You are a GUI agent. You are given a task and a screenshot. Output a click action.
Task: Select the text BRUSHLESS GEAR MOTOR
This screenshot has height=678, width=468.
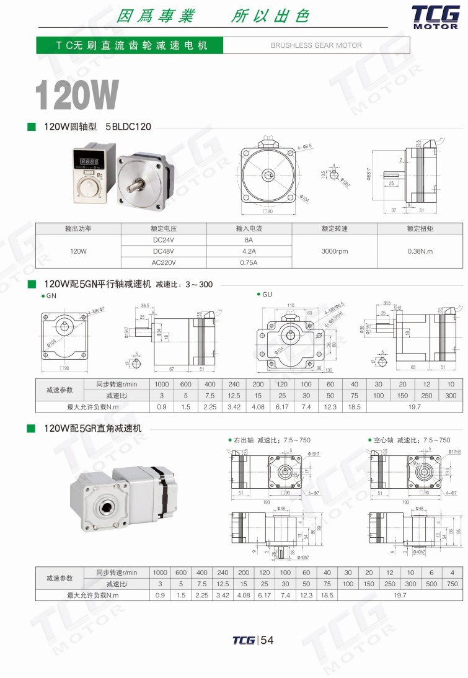pos(316,45)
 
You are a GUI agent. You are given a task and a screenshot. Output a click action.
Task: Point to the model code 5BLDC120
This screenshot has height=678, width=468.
pos(128,127)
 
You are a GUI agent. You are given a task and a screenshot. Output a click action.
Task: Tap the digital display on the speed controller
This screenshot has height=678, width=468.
pos(90,160)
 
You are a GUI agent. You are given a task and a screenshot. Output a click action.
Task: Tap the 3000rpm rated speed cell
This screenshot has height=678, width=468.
pos(333,251)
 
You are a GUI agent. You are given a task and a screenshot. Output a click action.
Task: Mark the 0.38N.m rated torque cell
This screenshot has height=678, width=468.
pos(420,251)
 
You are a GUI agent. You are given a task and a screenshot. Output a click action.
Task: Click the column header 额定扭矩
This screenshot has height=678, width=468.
pos(420,228)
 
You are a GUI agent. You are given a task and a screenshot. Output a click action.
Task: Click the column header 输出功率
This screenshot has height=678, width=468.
pos(78,228)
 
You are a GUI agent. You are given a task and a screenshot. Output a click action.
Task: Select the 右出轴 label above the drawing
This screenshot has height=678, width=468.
pos(243,440)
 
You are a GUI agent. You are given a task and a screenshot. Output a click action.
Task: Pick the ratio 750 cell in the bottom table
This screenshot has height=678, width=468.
pos(453,584)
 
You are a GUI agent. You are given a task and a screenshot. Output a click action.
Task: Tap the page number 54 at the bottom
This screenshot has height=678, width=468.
pos(267,641)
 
